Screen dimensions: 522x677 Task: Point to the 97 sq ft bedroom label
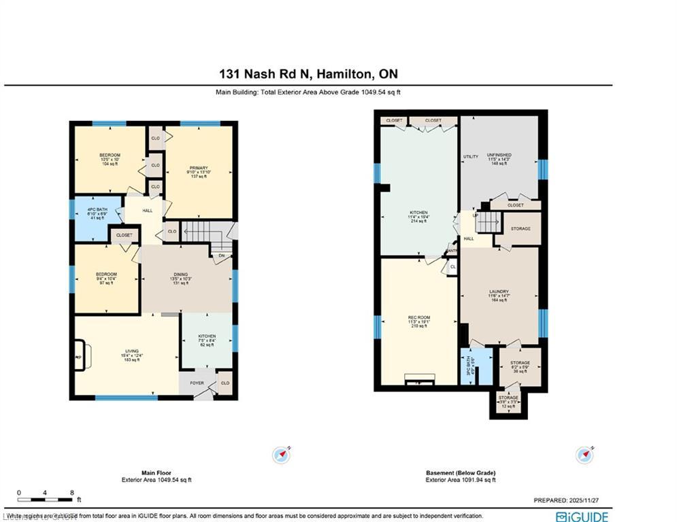[106, 278]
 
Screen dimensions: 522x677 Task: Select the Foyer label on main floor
[197, 383]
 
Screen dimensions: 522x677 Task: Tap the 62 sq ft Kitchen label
[207, 341]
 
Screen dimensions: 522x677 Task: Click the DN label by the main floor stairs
[221, 256]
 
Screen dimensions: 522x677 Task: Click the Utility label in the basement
[471, 156]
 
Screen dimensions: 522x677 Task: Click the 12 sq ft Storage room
[508, 401]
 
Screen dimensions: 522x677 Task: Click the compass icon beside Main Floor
[281, 454]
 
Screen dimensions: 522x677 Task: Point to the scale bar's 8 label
[71, 492]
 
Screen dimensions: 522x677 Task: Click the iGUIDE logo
[582, 517]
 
